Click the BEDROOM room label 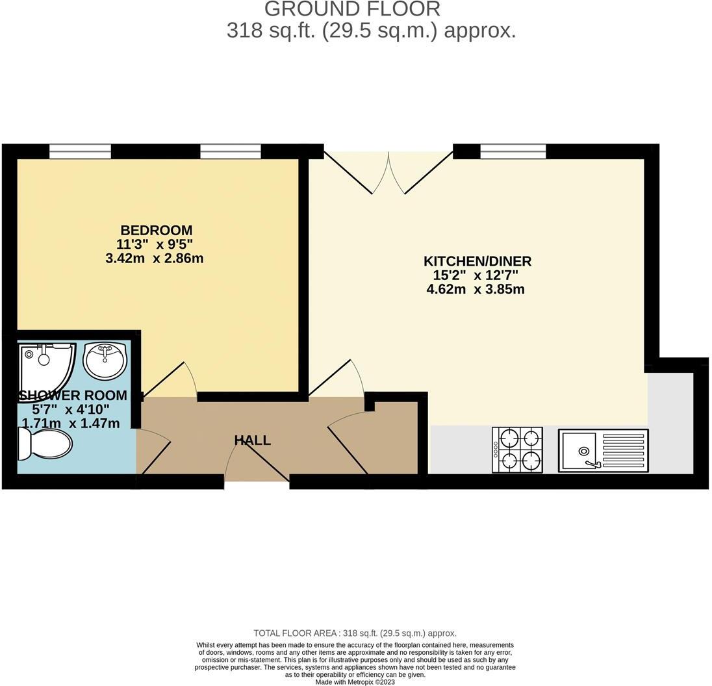click(156, 230)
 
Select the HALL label click(253, 440)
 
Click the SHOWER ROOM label click(73, 396)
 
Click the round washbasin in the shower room click(104, 361)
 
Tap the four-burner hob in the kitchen click(518, 450)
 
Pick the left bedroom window click(80, 151)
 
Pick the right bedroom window click(231, 151)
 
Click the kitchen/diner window click(513, 151)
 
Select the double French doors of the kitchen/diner click(388, 172)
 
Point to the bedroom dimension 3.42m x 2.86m click(155, 259)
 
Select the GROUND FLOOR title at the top click(352, 9)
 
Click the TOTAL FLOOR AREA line click(355, 633)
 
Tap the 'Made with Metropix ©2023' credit click(355, 681)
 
